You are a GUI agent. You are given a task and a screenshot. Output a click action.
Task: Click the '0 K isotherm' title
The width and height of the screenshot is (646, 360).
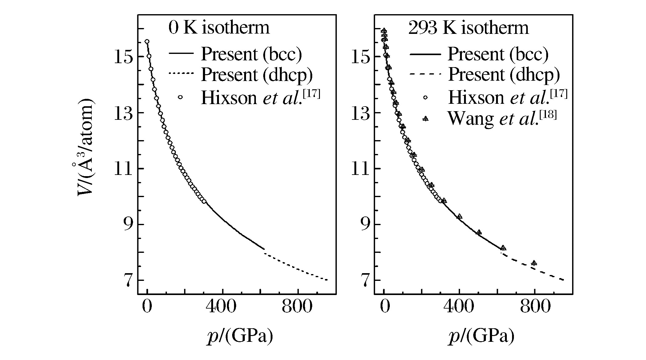[219, 27]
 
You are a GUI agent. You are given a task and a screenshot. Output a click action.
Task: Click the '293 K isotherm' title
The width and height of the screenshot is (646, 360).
[468, 27]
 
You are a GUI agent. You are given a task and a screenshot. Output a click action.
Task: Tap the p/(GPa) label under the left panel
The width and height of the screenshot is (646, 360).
[240, 336]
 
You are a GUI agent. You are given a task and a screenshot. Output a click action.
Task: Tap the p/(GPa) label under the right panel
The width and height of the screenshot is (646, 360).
[481, 336]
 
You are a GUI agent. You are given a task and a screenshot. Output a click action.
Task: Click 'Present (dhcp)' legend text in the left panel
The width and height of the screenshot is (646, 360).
[257, 74]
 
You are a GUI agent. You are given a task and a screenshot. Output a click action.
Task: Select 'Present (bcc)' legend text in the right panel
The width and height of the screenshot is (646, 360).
[498, 54]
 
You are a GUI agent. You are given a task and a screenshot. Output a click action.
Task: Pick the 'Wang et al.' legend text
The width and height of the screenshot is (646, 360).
[502, 119]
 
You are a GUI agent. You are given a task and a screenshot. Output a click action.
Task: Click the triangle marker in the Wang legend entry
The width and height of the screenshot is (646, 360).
[426, 119]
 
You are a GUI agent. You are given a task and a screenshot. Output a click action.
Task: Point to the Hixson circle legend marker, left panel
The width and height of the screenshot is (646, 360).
[180, 97]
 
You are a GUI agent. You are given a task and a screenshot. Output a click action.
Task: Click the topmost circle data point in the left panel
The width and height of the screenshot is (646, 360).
[147, 41]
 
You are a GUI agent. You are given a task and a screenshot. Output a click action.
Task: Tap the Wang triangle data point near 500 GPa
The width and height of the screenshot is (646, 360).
[479, 232]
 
